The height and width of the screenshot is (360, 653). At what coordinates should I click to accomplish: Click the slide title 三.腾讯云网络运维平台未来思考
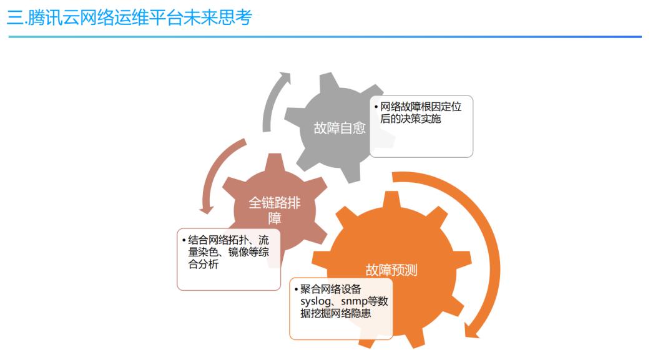(x=129, y=17)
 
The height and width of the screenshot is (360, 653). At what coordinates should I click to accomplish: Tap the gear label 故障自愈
(x=340, y=128)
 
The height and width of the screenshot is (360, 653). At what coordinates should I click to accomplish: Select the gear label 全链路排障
(x=275, y=210)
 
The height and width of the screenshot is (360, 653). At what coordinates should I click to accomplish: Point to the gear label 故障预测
(x=391, y=270)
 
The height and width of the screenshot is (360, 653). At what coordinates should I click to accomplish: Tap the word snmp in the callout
(x=354, y=301)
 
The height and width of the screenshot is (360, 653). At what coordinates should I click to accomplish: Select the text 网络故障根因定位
(x=421, y=107)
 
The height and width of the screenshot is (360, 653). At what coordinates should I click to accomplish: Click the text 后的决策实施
(x=410, y=119)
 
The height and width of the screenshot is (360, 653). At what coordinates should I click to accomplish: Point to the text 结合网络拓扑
(x=218, y=240)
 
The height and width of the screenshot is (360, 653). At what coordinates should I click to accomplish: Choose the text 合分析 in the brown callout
(x=204, y=265)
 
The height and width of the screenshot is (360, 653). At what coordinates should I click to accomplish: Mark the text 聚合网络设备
(x=330, y=289)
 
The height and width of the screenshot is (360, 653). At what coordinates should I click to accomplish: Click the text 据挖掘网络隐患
(x=335, y=313)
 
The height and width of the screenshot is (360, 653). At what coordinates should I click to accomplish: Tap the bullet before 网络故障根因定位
(x=376, y=107)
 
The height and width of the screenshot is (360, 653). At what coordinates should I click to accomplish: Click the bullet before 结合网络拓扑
(x=184, y=241)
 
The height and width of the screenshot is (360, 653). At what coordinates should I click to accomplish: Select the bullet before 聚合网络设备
(x=296, y=289)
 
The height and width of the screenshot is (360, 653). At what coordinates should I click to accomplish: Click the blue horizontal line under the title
(x=325, y=37)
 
